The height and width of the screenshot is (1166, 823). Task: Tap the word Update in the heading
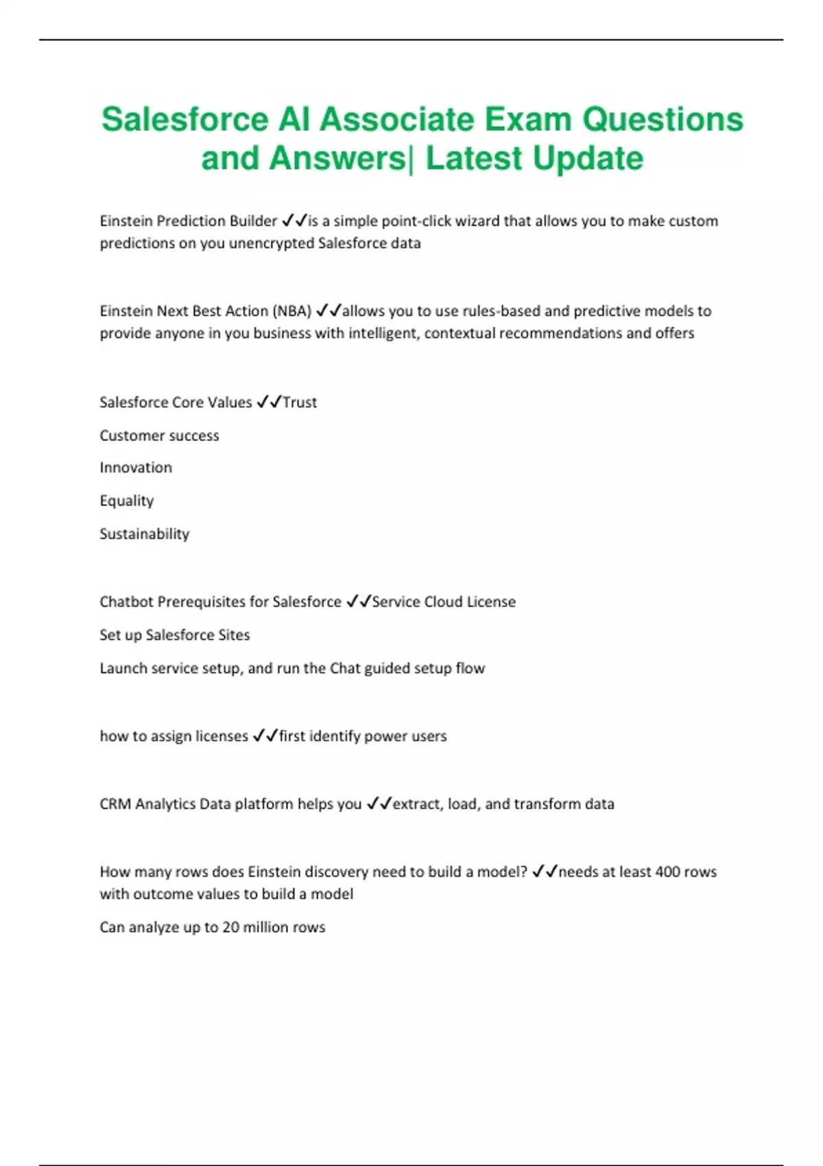pos(588,158)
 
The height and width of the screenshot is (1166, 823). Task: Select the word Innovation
pos(136,468)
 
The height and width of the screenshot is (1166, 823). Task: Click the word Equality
pos(127,501)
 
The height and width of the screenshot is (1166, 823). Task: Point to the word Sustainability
pos(144,534)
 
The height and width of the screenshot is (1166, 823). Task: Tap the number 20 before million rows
pos(231,927)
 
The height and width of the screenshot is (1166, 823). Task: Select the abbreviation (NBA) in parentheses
pos(292,311)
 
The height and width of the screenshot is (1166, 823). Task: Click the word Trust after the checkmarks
pos(300,403)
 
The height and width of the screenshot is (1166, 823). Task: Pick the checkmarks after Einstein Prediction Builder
pos(294,221)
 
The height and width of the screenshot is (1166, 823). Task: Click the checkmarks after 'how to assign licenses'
pos(265,736)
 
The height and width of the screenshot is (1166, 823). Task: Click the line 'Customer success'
pos(159,436)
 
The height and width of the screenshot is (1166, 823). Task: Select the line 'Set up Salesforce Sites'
pos(175,635)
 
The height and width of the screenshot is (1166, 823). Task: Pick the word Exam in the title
pos(528,119)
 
